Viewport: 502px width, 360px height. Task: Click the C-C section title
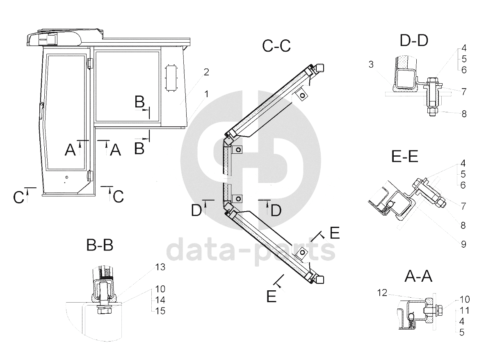click(x=276, y=46)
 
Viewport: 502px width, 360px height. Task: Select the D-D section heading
click(x=414, y=41)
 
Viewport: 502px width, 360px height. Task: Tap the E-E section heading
click(x=405, y=156)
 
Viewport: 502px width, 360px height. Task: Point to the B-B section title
click(x=100, y=245)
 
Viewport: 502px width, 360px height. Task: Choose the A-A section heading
click(x=418, y=276)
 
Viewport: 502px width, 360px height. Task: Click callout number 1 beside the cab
click(x=206, y=94)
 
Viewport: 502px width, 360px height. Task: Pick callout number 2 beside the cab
click(x=206, y=72)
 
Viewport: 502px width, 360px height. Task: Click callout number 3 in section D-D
click(x=371, y=64)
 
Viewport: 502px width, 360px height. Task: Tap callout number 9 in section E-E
click(x=463, y=244)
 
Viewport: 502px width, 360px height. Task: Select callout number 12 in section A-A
click(x=382, y=293)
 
